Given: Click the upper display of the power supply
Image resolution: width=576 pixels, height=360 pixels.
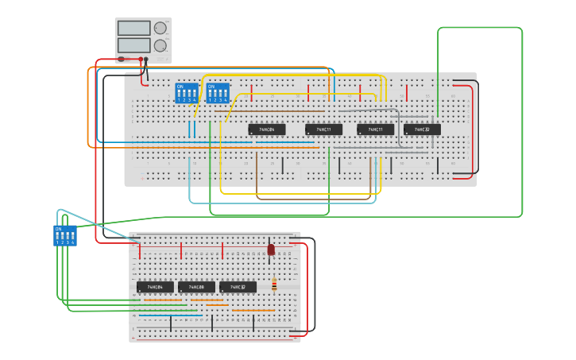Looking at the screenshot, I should click(x=134, y=28).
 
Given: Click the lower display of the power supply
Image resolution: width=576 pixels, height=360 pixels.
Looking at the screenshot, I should click(x=134, y=45).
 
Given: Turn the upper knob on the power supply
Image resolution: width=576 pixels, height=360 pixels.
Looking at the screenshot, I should click(x=160, y=28).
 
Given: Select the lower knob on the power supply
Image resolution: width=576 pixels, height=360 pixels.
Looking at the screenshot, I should click(x=160, y=46).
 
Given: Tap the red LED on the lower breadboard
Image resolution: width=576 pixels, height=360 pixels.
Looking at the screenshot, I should click(x=271, y=250).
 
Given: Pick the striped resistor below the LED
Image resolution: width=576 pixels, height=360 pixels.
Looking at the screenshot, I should click(x=274, y=285).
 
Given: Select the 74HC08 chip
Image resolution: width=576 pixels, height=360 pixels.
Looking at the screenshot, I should click(x=196, y=287).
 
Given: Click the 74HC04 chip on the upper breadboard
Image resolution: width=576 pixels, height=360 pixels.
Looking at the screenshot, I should click(x=267, y=129).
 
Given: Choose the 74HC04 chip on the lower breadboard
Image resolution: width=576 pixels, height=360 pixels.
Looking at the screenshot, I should click(x=155, y=287).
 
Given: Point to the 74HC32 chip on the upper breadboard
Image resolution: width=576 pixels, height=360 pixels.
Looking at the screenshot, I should click(x=422, y=129).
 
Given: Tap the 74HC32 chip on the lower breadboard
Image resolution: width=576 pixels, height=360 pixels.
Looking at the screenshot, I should click(x=238, y=287).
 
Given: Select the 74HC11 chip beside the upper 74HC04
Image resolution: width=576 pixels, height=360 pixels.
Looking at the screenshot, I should click(x=323, y=129).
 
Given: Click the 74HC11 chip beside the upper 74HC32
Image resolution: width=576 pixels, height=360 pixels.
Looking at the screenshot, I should click(x=375, y=129).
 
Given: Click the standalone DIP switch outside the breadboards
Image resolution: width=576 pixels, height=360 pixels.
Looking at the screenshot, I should click(x=65, y=236).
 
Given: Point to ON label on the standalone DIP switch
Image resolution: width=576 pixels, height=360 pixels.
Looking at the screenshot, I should click(x=58, y=229).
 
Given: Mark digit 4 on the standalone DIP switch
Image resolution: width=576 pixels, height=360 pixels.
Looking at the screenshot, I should click(x=73, y=242).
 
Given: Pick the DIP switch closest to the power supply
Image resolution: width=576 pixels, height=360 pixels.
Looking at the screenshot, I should click(x=186, y=93).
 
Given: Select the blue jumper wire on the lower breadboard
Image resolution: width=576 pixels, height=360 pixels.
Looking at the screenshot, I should click(x=171, y=315).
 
